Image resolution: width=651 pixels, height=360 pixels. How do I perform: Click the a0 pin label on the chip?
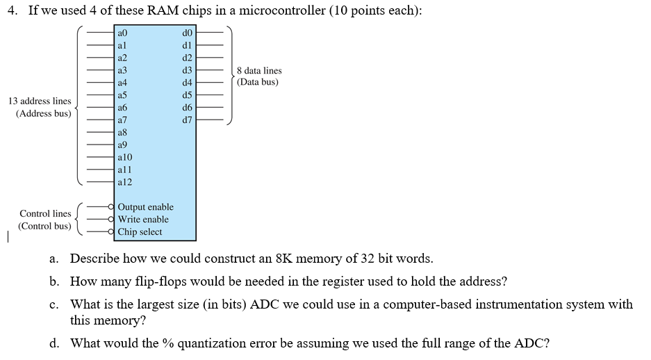(123, 33)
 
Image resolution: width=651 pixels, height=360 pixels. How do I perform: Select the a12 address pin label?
(125, 182)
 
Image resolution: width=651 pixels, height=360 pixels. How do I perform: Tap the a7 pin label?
(123, 120)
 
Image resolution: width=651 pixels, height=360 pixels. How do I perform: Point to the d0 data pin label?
(186, 33)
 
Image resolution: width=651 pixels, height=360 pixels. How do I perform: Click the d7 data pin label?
(186, 120)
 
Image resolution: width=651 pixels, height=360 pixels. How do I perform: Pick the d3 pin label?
(186, 70)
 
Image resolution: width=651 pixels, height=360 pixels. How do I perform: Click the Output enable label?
(145, 207)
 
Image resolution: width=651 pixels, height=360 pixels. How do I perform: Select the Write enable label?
(143, 220)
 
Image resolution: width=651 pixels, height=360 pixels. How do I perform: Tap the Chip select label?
(140, 232)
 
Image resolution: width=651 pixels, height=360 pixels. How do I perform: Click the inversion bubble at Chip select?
(112, 232)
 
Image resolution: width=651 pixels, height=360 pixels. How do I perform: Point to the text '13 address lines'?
(40, 101)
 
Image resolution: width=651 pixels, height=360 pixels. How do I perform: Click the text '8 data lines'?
(259, 70)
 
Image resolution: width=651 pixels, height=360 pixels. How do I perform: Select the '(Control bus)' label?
(44, 226)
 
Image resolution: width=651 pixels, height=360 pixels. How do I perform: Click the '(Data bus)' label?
(257, 82)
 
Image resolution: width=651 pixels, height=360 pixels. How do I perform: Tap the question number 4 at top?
(13, 11)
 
